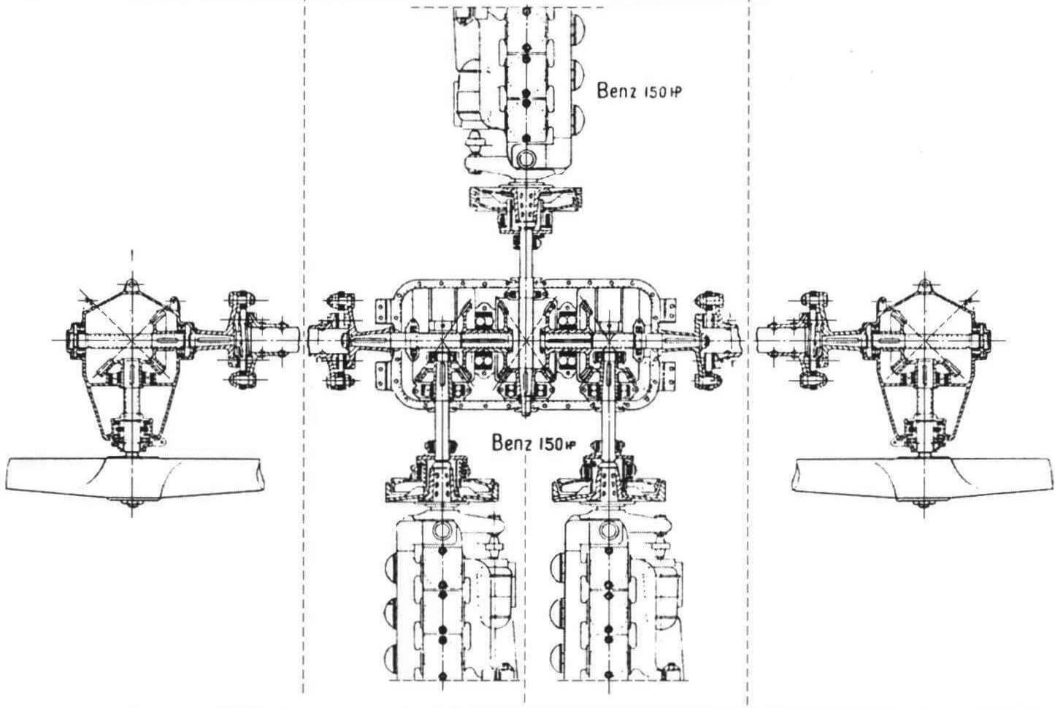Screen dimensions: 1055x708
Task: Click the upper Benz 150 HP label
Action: (639, 91)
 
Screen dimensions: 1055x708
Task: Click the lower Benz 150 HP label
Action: (534, 444)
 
